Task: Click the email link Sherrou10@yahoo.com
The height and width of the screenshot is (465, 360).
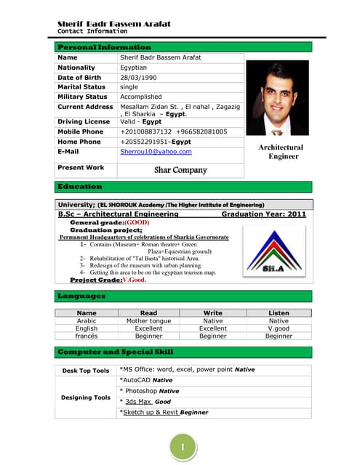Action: pyautogui.click(x=156, y=152)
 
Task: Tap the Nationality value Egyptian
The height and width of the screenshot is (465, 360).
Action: pyautogui.click(x=136, y=68)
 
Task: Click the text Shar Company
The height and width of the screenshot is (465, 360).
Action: pyautogui.click(x=180, y=170)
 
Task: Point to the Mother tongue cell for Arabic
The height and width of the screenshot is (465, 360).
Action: pyautogui.click(x=148, y=320)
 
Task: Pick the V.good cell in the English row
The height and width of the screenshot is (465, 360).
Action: pyautogui.click(x=279, y=328)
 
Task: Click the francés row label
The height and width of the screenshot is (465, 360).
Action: pyautogui.click(x=87, y=336)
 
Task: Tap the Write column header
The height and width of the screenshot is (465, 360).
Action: pyautogui.click(x=213, y=312)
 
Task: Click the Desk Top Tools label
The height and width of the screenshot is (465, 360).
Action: pyautogui.click(x=86, y=371)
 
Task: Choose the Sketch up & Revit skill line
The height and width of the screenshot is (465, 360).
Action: pyautogui.click(x=164, y=412)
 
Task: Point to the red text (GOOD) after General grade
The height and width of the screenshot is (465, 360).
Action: pyautogui.click(x=136, y=222)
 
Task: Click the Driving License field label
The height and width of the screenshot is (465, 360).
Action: pyautogui.click(x=84, y=122)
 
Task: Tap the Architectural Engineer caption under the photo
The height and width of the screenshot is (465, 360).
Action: pyautogui.click(x=281, y=152)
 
